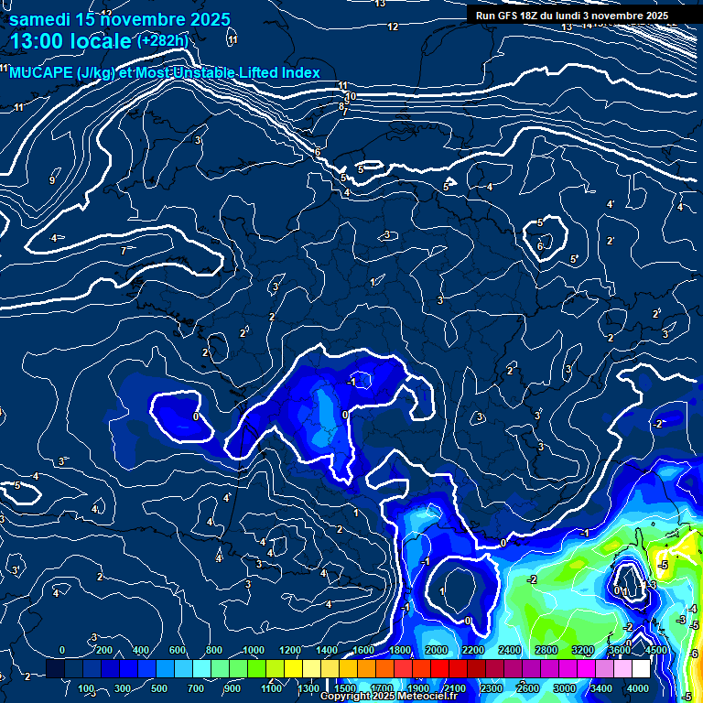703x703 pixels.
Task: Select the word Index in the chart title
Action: tap(298, 73)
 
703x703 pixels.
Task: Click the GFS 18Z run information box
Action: tap(571, 16)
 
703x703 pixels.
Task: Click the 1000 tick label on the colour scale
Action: tap(253, 650)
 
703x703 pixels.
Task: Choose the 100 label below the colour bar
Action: tap(86, 688)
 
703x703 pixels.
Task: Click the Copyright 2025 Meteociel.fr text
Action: tap(387, 697)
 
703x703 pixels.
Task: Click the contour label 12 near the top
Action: tap(393, 27)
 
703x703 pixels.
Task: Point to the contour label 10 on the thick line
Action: tap(350, 96)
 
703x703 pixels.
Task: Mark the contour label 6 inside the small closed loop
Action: tap(540, 245)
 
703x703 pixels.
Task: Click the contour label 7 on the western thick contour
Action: tap(123, 251)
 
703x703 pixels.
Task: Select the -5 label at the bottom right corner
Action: tap(687, 697)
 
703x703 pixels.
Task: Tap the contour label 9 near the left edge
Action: tap(51, 180)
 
